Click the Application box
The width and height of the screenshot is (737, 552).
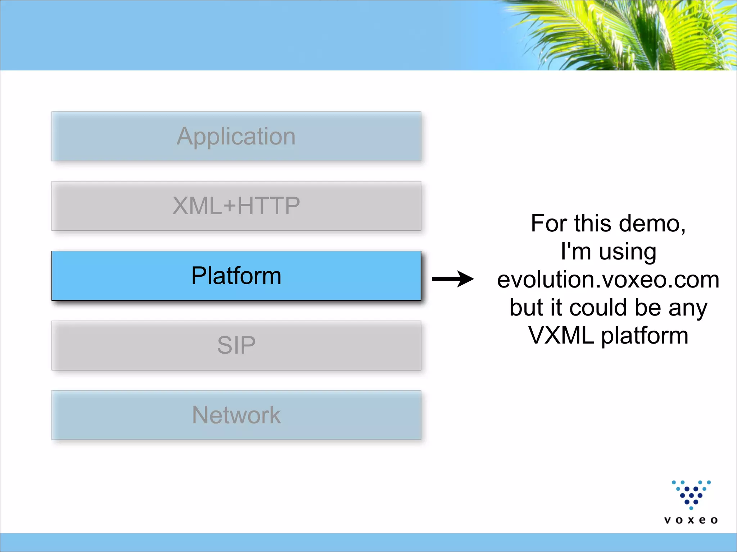[x=236, y=136]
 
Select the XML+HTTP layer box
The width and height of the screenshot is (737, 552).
[x=236, y=206]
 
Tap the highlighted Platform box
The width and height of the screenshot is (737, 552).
[x=236, y=276]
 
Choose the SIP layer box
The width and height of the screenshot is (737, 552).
[x=236, y=345]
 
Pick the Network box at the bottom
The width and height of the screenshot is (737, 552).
[x=236, y=415]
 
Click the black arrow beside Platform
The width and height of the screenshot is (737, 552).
[x=452, y=279]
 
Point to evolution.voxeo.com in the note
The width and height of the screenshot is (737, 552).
[x=608, y=280]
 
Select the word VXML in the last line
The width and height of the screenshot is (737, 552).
[x=561, y=336]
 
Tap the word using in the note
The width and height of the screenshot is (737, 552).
[x=628, y=252]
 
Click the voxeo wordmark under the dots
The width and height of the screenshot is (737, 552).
[x=691, y=520]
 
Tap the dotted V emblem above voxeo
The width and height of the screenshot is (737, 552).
[x=691, y=494]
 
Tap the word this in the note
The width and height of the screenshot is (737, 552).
[x=594, y=224]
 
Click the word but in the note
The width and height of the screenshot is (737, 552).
[x=526, y=308]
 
